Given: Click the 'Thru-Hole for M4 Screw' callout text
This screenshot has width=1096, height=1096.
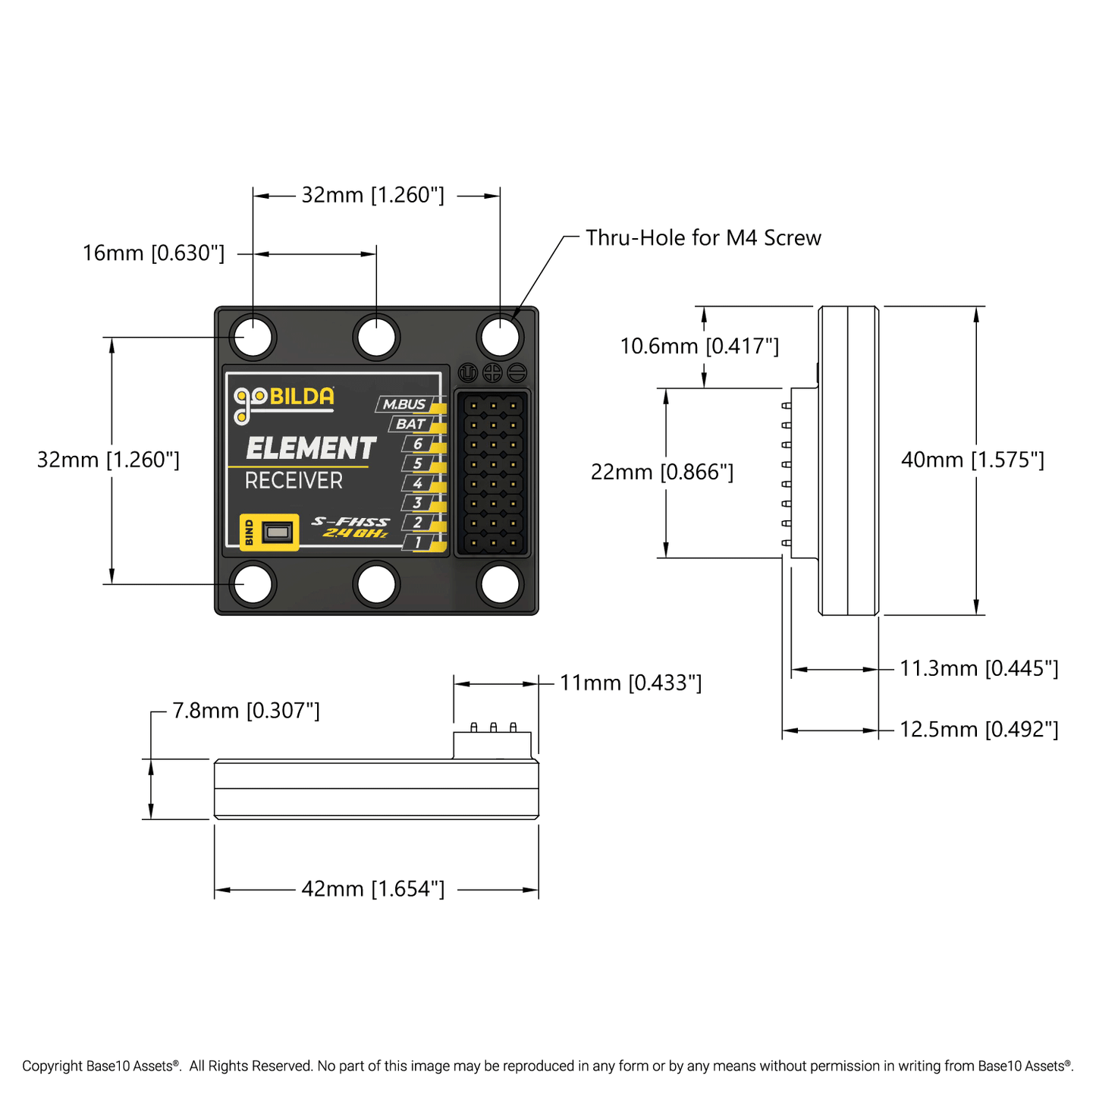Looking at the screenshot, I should point(703,238).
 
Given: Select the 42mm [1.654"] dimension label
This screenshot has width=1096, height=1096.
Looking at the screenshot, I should point(373,889).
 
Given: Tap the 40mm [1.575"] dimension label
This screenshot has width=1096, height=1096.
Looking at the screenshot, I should point(972,460).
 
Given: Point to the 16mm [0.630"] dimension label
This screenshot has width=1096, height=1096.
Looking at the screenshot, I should point(153,253).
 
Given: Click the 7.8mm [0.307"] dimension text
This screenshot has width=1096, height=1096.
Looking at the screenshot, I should point(246,711).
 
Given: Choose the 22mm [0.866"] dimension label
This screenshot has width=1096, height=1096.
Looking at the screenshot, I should point(662,472).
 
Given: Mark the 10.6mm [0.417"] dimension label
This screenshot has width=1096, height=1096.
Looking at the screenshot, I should point(699,347).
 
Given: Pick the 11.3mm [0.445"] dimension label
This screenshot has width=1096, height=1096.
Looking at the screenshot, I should point(978,669).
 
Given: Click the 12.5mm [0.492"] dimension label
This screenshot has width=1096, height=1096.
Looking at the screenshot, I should point(978,730).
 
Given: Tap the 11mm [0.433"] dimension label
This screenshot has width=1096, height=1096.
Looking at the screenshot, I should point(630,683).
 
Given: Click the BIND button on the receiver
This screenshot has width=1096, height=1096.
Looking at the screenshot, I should point(278,532).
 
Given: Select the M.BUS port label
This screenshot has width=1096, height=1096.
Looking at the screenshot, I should point(404,405).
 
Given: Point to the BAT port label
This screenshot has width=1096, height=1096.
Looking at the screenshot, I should point(410,424).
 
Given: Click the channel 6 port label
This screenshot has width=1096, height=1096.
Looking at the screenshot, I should point(417,444).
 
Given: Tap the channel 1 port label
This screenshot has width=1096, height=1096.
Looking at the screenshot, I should point(417,542).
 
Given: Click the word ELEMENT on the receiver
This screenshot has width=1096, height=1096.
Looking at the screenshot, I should point(311,448).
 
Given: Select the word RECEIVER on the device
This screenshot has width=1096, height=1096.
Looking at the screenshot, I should point(294,481).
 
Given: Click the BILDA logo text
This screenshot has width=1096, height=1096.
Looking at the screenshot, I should point(301,397).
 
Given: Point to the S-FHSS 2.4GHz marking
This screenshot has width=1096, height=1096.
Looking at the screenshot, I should point(350,527).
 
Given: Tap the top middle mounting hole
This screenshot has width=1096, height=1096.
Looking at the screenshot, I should point(376,337).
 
